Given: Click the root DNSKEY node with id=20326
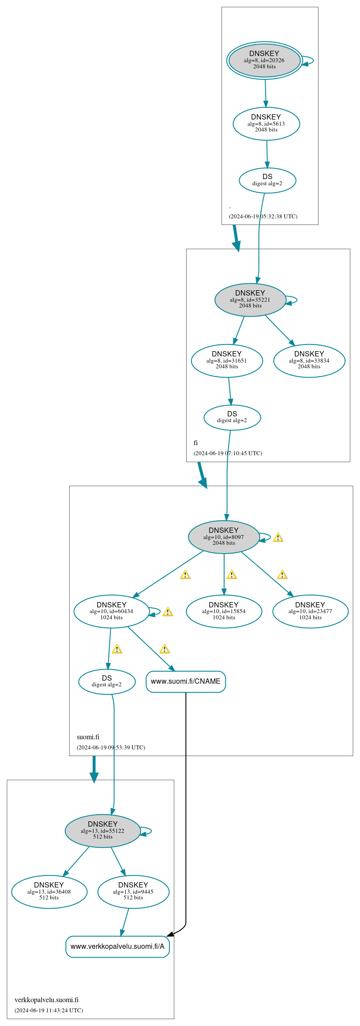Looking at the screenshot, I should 264,60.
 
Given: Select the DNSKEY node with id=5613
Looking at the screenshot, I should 266,124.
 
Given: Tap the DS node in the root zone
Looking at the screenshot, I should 267,180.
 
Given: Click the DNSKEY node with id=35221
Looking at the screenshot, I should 250,300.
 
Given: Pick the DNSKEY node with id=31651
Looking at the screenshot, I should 227,361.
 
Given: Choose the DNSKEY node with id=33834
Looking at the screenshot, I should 309,361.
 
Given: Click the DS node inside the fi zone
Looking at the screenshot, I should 232,418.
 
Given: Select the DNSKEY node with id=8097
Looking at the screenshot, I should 224,537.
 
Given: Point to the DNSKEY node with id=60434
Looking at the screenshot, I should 111,612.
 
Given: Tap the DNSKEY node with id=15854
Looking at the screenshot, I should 224,612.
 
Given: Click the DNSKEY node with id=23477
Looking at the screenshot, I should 310,612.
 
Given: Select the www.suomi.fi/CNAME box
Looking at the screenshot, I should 186,682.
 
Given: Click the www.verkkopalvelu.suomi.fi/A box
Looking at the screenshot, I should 117,947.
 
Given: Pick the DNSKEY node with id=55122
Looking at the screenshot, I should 102,831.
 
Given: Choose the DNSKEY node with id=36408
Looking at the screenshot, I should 49,892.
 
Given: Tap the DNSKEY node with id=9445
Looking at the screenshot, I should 133,892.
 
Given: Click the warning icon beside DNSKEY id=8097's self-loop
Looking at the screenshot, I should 278,538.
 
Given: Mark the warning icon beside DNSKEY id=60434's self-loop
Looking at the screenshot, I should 168,612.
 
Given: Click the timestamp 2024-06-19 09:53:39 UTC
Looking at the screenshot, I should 111,748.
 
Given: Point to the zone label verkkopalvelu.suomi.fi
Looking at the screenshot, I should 46,1000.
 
